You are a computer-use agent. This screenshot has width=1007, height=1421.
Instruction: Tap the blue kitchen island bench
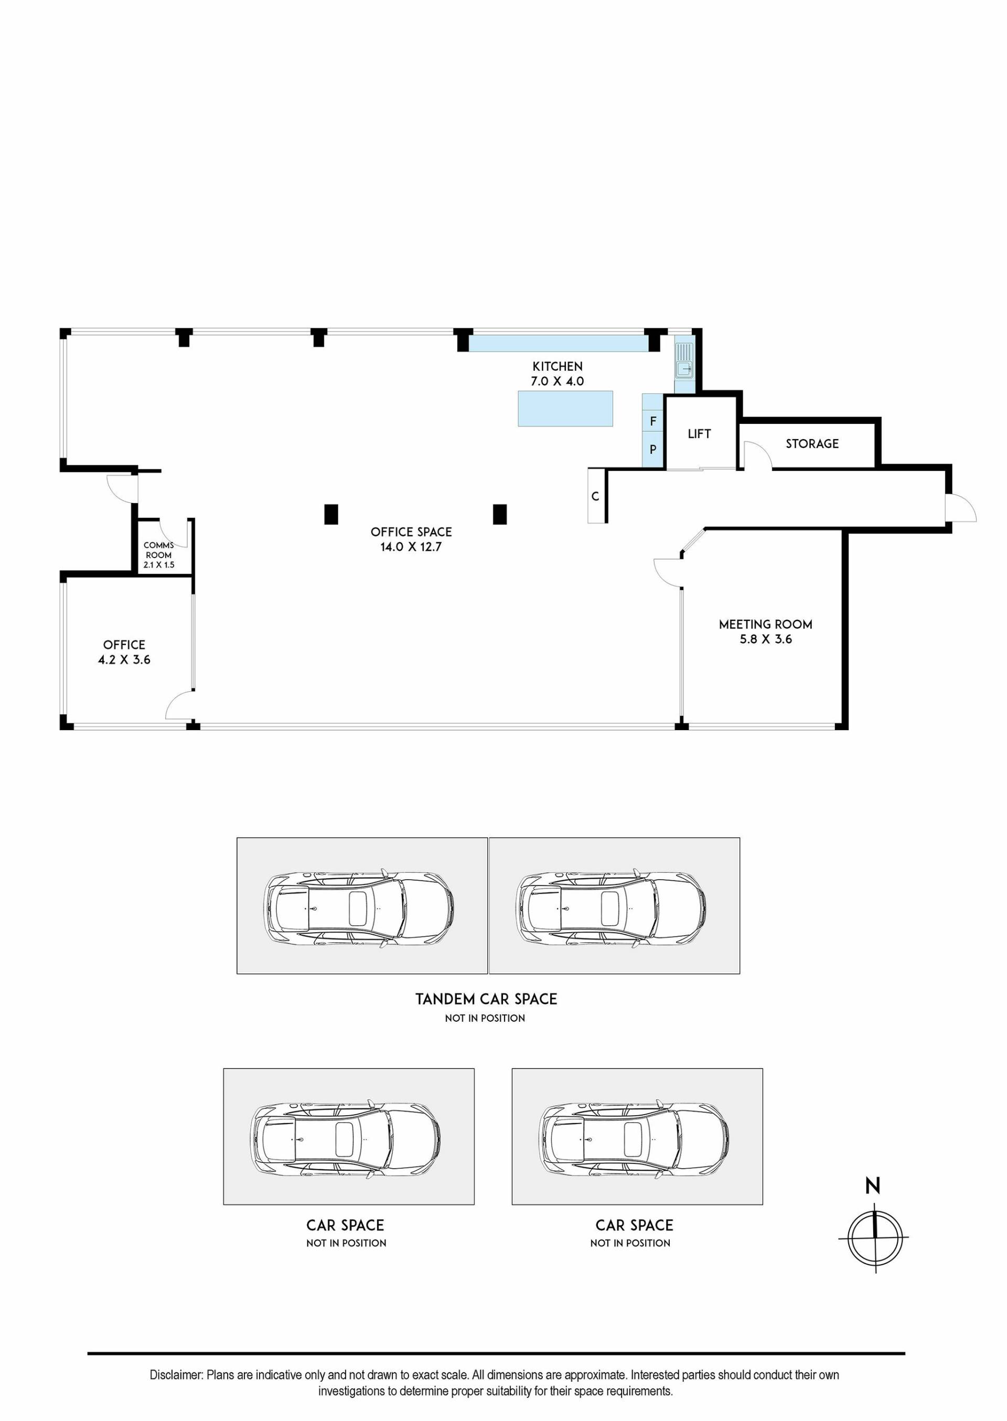point(565,409)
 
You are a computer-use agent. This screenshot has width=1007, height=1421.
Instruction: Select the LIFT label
point(699,434)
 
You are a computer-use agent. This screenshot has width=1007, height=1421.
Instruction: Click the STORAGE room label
point(812,444)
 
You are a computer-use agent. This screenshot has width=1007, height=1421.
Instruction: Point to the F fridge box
point(653,422)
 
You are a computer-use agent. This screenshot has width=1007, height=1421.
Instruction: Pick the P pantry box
point(653,449)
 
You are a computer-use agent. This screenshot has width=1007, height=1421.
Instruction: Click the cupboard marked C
point(595,496)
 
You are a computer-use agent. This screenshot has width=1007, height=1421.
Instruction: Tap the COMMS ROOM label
point(159,550)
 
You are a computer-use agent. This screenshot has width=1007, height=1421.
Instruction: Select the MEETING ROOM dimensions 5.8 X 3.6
point(765,639)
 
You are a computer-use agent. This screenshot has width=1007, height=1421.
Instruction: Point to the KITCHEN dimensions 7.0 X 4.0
point(557,381)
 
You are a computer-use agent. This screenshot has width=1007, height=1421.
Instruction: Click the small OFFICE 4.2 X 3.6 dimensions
point(124,660)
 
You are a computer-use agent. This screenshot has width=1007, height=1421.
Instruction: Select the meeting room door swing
point(668,572)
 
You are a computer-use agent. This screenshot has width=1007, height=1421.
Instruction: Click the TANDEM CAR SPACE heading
point(486,999)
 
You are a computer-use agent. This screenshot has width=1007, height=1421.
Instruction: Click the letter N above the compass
point(872,1186)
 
